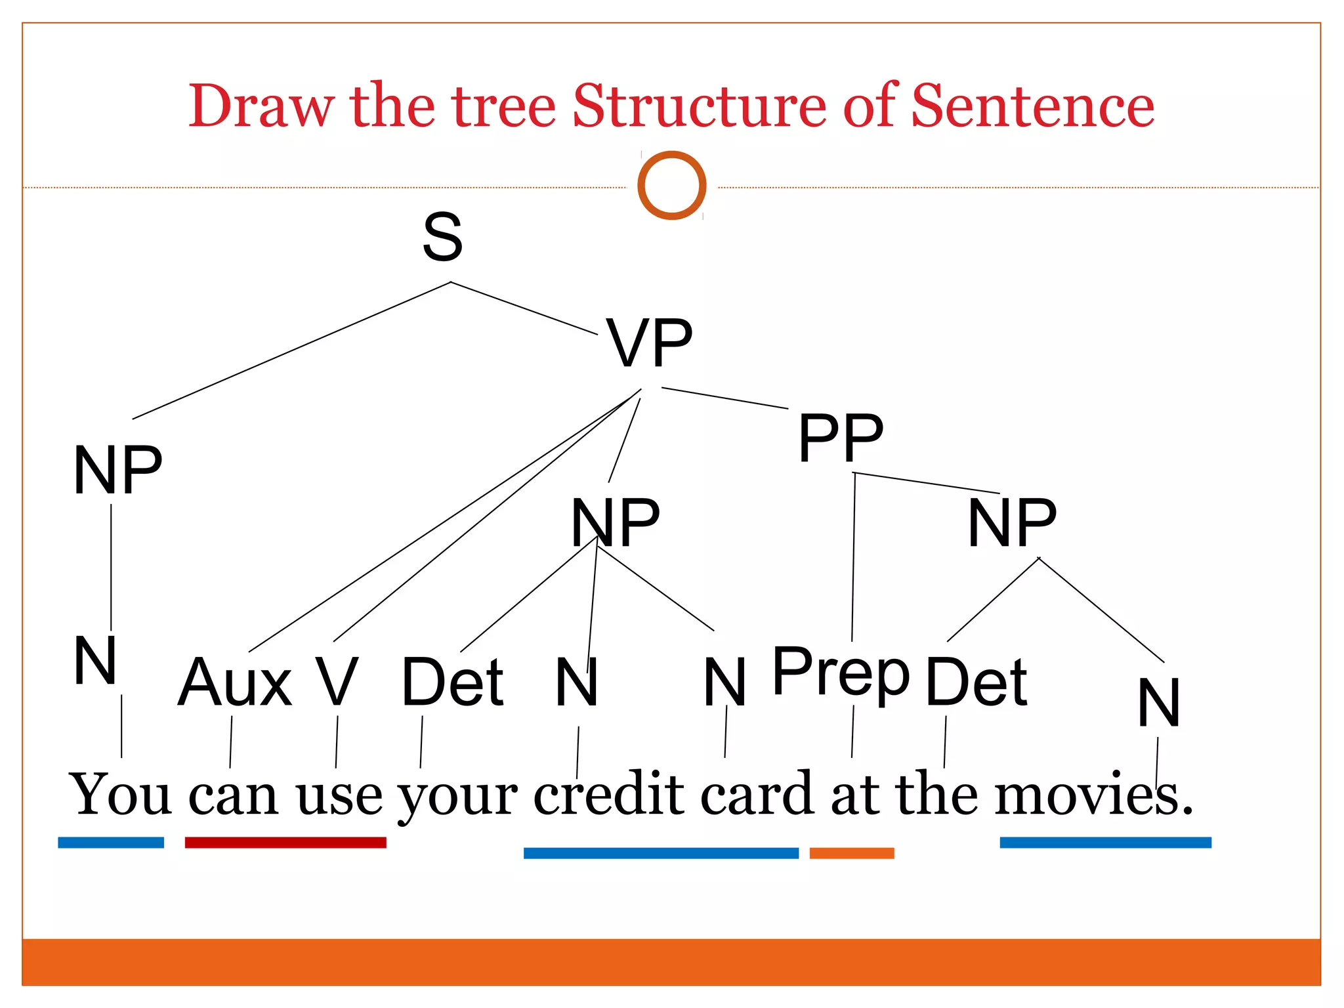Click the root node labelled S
[x=442, y=237]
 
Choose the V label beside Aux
[x=337, y=682]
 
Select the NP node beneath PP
[x=1012, y=522]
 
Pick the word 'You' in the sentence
[x=120, y=795]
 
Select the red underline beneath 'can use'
[x=285, y=843]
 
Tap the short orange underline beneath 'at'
[x=852, y=853]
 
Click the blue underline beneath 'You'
[x=111, y=843]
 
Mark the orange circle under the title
[x=671, y=185]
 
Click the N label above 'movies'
[x=1159, y=703]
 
